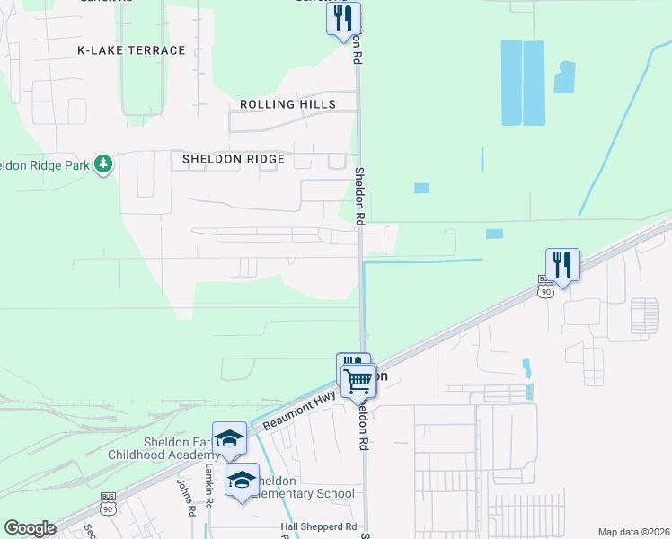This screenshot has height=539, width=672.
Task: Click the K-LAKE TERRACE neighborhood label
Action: click(131, 50)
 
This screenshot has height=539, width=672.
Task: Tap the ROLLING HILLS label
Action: click(287, 104)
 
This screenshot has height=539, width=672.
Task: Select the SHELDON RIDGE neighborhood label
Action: click(234, 159)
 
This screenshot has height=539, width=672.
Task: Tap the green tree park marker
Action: click(104, 163)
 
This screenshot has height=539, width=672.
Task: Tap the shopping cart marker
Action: click(358, 382)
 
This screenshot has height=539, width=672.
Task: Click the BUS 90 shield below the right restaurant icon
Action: click(546, 290)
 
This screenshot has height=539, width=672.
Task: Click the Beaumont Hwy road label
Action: click(300, 405)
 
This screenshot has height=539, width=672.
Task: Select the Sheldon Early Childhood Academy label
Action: click(176, 449)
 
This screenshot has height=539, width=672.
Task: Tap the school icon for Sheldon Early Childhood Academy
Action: click(229, 438)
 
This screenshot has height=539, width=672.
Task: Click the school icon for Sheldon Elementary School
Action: click(242, 481)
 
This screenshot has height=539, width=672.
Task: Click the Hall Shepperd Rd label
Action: click(319, 526)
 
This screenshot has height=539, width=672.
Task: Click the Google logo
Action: click(30, 528)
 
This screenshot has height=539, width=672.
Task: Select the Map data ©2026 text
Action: click(632, 532)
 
